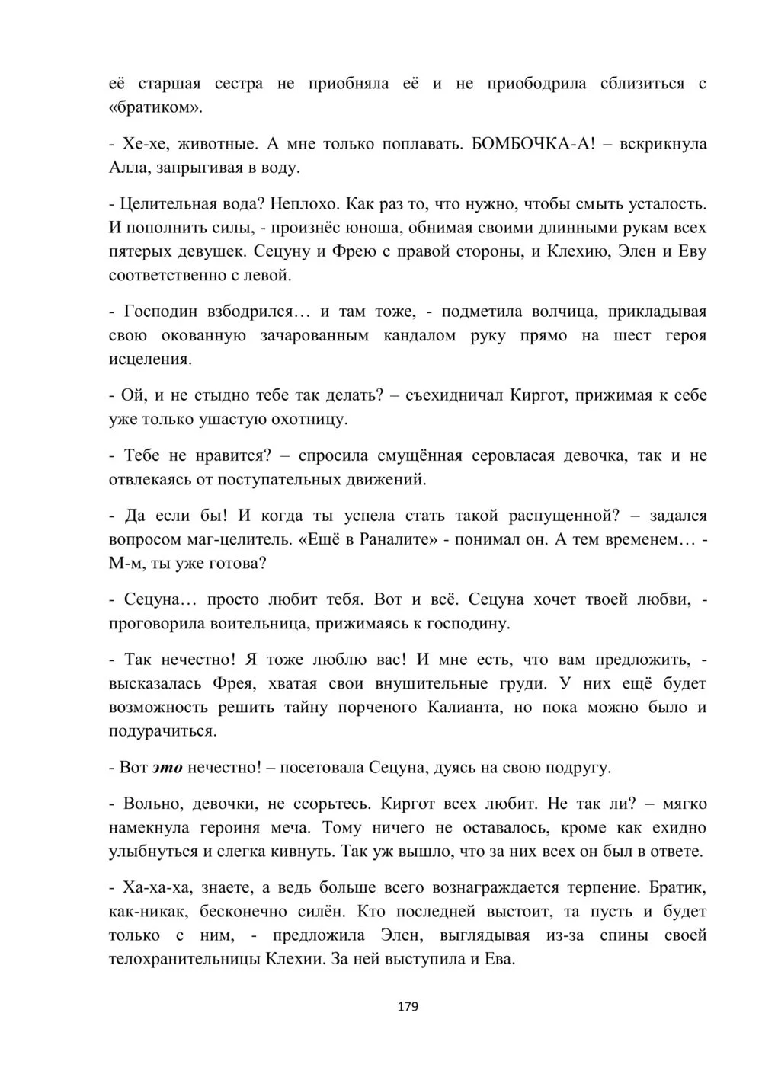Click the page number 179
tap(408, 1007)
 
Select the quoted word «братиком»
tap(156, 107)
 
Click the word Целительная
tap(168, 204)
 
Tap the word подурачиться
tap(162, 731)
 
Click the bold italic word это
tap(168, 768)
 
